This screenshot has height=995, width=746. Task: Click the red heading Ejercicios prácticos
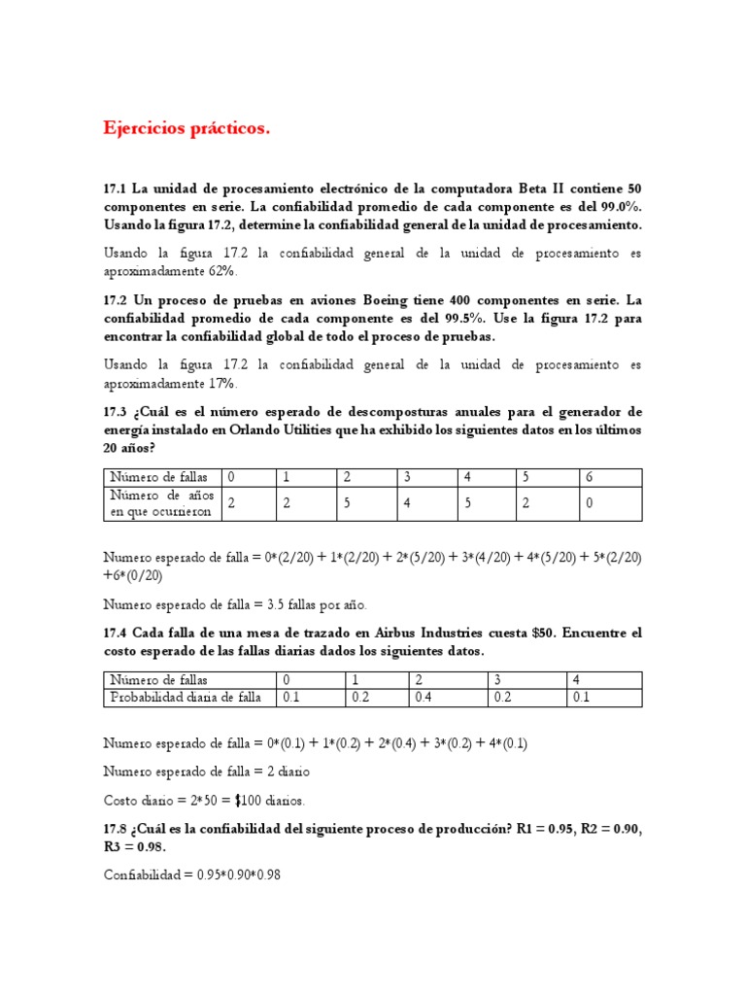point(186,128)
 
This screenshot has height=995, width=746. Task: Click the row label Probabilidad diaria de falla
point(186,697)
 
